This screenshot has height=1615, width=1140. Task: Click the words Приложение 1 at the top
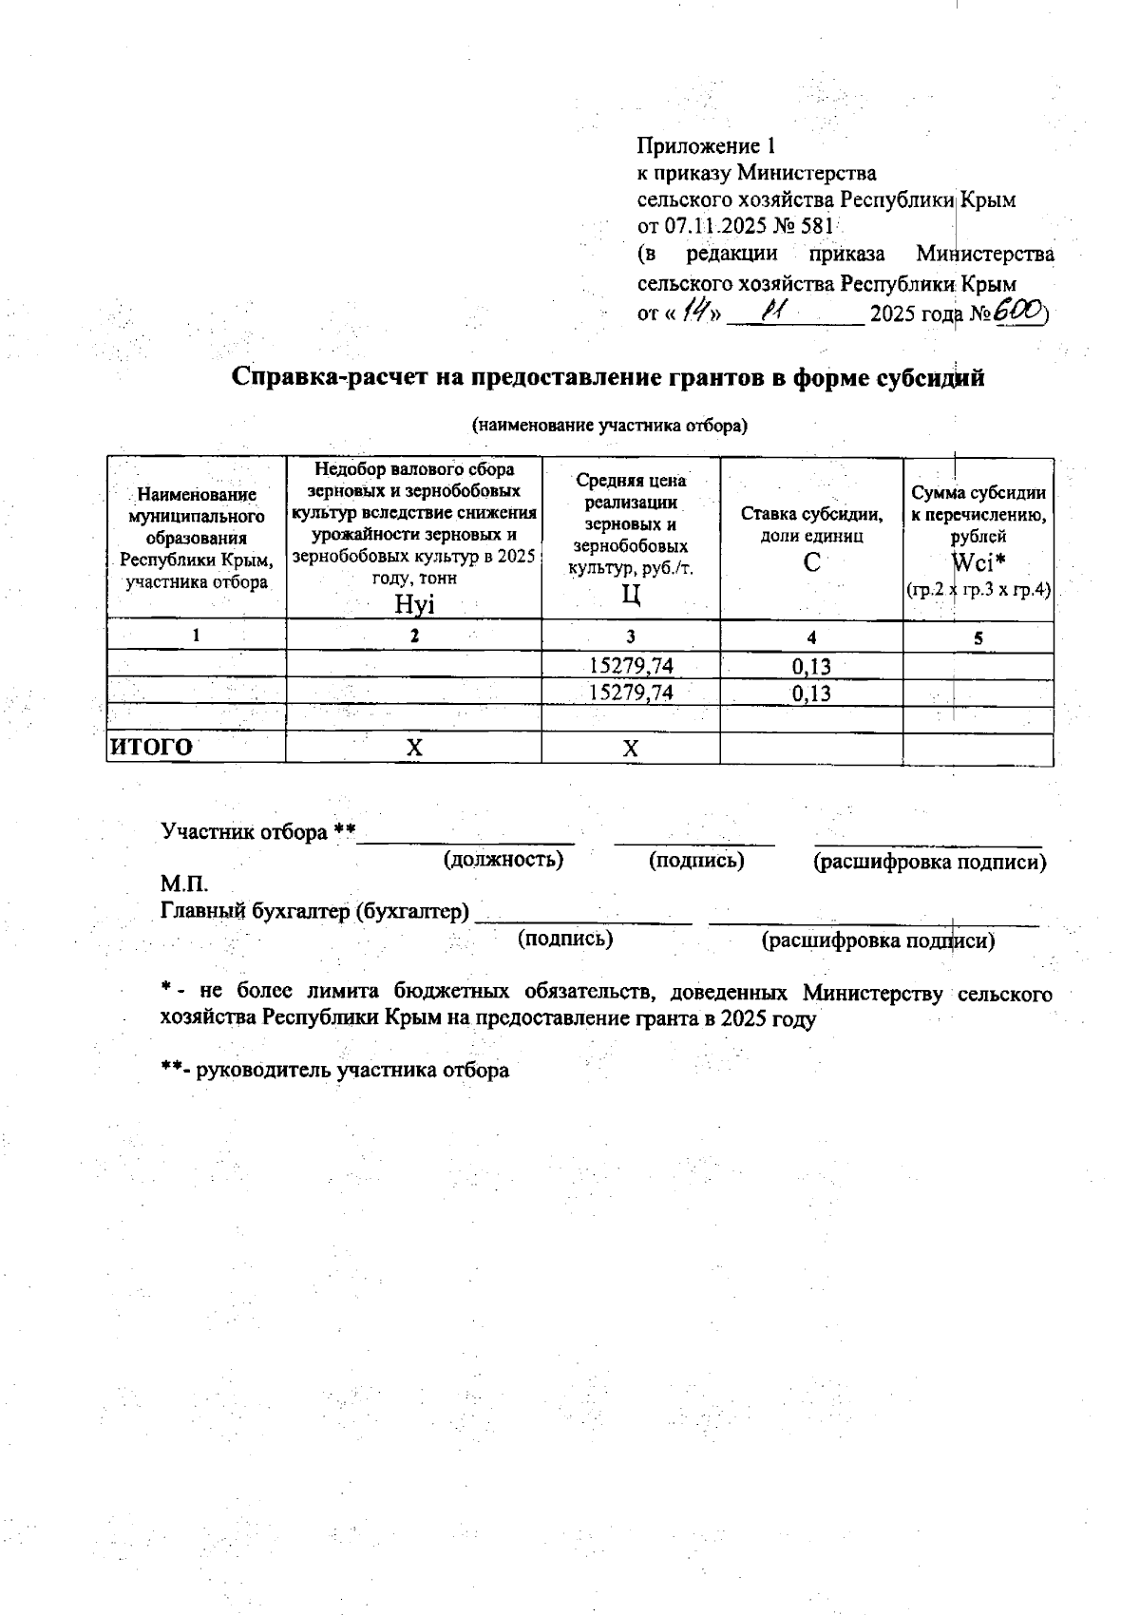pyautogui.click(x=706, y=146)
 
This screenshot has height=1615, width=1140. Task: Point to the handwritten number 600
pyautogui.click(x=1018, y=312)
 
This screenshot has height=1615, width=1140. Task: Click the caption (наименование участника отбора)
pyautogui.click(x=610, y=426)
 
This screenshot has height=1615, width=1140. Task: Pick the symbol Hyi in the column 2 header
pyautogui.click(x=414, y=603)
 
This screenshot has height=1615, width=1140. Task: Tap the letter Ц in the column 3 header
pyautogui.click(x=631, y=596)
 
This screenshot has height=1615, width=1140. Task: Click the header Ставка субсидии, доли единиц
pyautogui.click(x=811, y=524)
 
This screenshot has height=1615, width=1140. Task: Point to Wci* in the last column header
pyautogui.click(x=978, y=562)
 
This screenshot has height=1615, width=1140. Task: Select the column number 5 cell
pyautogui.click(x=978, y=638)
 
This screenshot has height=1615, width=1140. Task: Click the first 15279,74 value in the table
pyautogui.click(x=631, y=667)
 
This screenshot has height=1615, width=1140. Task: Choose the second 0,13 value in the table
pyautogui.click(x=811, y=693)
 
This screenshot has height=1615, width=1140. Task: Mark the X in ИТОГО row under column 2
pyautogui.click(x=414, y=749)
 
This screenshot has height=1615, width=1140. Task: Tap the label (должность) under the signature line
pyautogui.click(x=503, y=861)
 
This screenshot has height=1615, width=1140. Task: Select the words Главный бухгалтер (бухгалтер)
pyautogui.click(x=315, y=912)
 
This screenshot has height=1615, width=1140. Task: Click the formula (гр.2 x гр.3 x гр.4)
pyautogui.click(x=978, y=590)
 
